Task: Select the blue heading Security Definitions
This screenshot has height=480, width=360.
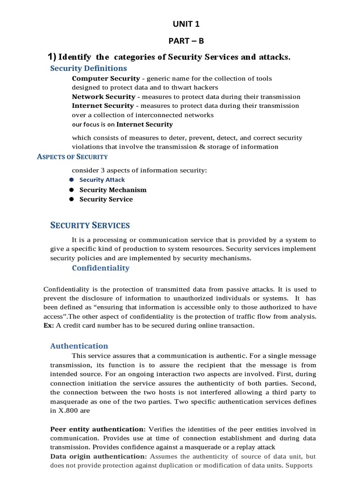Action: coord(88,68)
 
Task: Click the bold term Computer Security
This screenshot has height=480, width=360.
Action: coord(105,78)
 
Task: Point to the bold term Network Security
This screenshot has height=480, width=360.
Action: coord(103,97)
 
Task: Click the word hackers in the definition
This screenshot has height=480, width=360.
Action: coord(204,87)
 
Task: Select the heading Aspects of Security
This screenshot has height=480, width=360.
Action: coord(72,157)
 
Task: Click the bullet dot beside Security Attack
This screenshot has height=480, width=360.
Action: coord(72,180)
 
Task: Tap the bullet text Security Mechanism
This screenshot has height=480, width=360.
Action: coord(113,190)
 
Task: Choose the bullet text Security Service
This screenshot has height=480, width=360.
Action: coord(106,199)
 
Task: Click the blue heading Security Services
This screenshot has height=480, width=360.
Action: coord(90,225)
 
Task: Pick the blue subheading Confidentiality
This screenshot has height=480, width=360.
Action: coord(100,268)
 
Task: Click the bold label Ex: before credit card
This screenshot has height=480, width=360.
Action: coord(49,326)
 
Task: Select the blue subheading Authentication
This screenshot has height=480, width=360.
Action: coord(79,346)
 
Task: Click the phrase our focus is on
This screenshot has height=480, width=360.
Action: coord(93,125)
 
